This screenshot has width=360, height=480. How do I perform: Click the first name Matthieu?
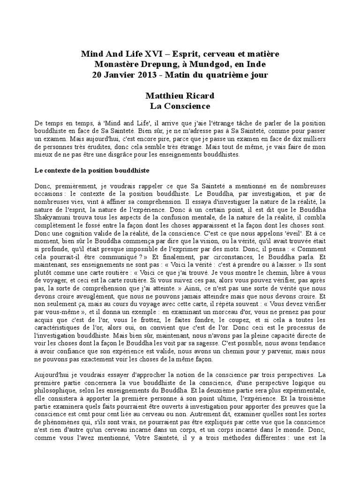pos(165,96)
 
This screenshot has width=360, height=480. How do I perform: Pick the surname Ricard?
pos(200,96)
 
